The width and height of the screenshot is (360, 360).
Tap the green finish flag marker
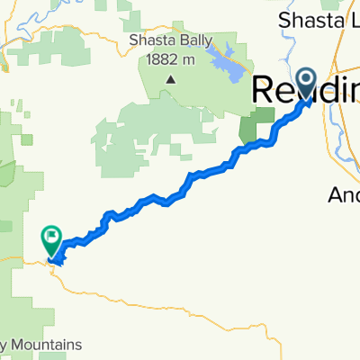(x=50, y=240)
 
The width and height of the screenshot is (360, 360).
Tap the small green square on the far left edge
(x=26, y=140)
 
